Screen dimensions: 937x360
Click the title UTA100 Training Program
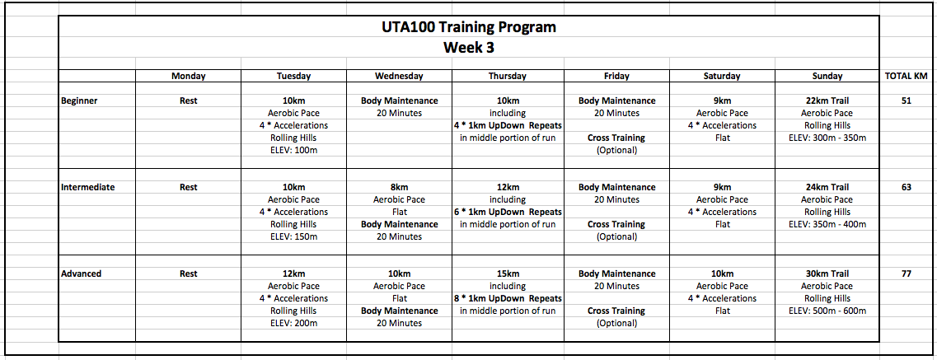tap(468, 27)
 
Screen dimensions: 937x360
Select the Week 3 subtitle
tap(468, 48)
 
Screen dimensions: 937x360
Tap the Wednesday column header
tap(399, 76)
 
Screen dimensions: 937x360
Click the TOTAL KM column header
tap(906, 76)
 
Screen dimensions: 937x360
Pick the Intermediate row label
tap(88, 187)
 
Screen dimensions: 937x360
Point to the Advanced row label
tap(82, 274)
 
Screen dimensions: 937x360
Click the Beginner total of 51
tap(906, 101)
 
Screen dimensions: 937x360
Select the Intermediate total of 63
tap(906, 187)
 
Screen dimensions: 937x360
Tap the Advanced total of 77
tap(906, 274)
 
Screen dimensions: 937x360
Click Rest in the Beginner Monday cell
tap(188, 101)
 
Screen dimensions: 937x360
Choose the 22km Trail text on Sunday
tap(827, 101)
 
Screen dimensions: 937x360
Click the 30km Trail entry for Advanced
tap(827, 274)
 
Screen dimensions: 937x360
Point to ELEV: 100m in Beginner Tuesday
tap(293, 150)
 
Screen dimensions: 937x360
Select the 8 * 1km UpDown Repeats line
tap(508, 298)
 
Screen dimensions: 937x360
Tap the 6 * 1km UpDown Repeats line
tap(508, 212)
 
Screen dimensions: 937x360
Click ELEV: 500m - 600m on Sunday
tap(827, 311)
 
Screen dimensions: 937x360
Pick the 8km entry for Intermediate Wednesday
tap(399, 187)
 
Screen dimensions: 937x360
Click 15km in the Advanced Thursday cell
tap(508, 274)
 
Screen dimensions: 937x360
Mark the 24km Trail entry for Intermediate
tap(827, 187)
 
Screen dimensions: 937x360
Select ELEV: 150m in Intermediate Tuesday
tap(293, 236)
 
